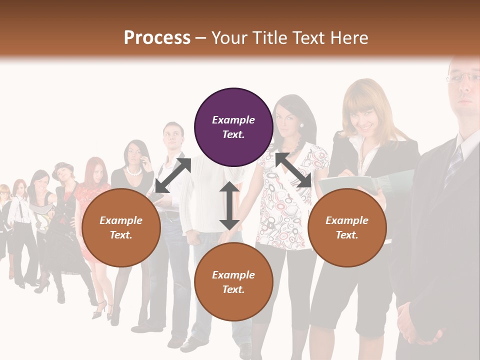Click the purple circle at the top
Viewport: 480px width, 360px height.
tap(233, 127)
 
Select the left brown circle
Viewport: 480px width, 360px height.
tap(121, 227)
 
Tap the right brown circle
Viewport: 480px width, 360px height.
tap(347, 227)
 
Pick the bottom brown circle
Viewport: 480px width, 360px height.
tap(233, 282)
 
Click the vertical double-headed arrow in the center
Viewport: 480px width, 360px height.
tap(229, 206)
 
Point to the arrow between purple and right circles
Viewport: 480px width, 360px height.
tap(293, 170)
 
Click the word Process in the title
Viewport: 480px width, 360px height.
tap(157, 38)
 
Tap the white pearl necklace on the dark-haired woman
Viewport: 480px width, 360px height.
tap(133, 171)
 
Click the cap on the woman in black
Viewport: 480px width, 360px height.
tap(62, 167)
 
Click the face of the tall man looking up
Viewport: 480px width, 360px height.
tap(173, 136)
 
